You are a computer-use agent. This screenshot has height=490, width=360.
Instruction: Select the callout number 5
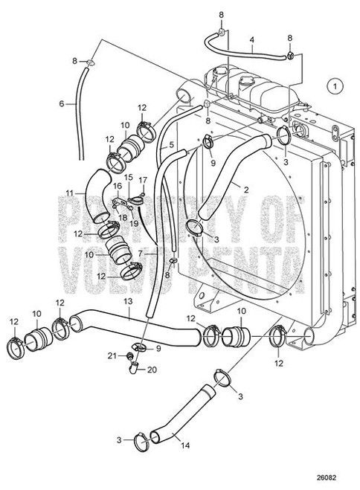tap(172, 145)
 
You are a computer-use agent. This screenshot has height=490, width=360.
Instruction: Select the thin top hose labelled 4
tap(253, 48)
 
